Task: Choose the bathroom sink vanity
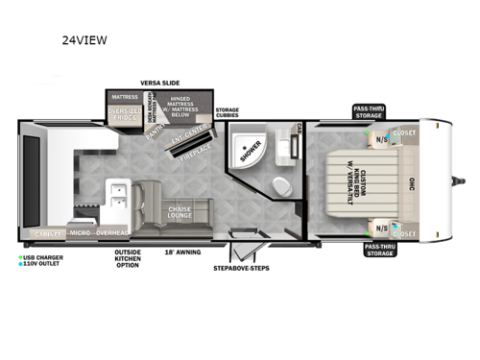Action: [284, 144]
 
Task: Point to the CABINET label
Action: [45, 233]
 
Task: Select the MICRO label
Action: [80, 233]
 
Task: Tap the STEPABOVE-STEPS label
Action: [240, 268]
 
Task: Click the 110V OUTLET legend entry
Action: [41, 264]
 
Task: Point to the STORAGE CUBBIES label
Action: [227, 113]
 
